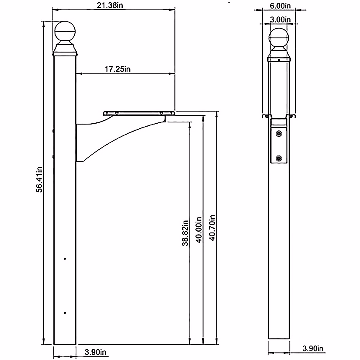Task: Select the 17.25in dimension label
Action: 118,69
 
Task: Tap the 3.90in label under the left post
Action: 94,352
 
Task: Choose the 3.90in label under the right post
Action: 313,349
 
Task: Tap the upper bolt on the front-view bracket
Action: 279,133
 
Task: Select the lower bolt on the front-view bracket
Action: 279,158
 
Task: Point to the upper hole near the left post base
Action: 65,259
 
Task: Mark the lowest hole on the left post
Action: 65,313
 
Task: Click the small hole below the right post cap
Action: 279,60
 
